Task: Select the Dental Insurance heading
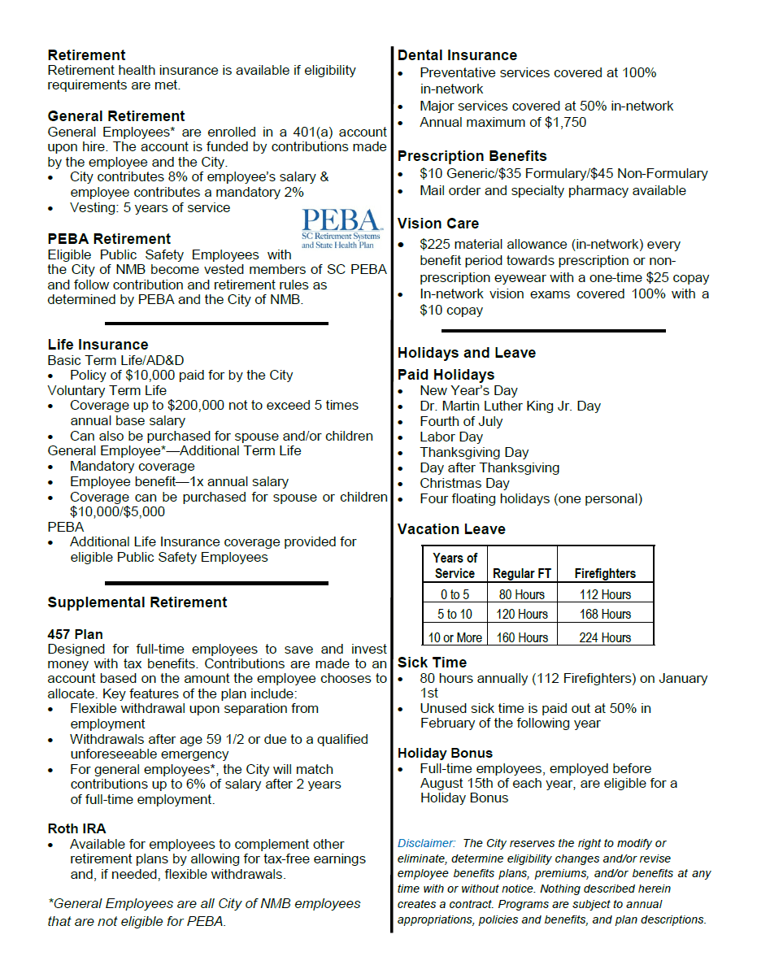[457, 55]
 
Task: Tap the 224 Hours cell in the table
[605, 637]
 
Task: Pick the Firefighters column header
[605, 573]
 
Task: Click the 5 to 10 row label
[455, 614]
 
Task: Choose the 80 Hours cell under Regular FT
[521, 594]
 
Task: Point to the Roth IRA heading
[76, 828]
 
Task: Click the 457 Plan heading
[75, 634]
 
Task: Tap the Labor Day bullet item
[451, 437]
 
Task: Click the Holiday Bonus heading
[445, 753]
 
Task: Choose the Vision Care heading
[437, 224]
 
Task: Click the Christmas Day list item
[464, 483]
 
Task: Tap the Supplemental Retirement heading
[137, 602]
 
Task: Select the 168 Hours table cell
[605, 614]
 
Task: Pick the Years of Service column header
[455, 565]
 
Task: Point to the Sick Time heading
[432, 663]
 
